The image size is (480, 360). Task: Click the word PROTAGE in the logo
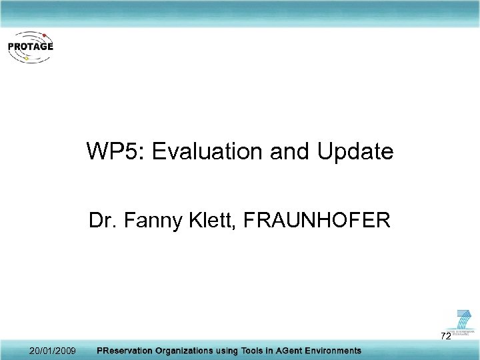(31, 47)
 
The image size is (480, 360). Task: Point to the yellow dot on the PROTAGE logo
(25, 58)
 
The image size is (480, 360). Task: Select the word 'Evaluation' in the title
(207, 152)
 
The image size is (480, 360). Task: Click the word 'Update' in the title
(355, 152)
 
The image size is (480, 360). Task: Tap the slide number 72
(445, 336)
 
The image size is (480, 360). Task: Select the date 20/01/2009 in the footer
(53, 351)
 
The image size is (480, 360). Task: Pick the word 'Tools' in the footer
(254, 351)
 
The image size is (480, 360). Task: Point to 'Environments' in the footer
(337, 351)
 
